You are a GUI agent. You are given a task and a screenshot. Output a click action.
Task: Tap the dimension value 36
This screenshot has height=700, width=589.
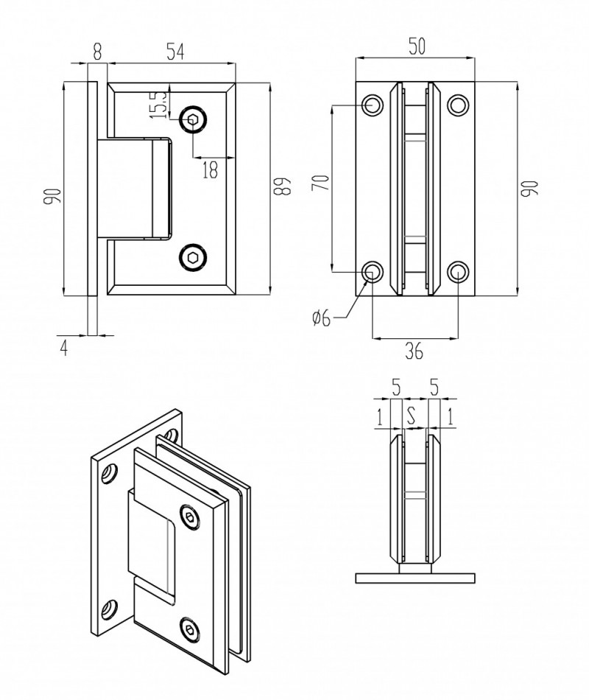415,352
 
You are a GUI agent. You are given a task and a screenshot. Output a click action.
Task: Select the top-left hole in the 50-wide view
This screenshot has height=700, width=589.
373,105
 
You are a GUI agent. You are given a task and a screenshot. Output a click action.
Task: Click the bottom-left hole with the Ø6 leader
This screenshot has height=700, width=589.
373,272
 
